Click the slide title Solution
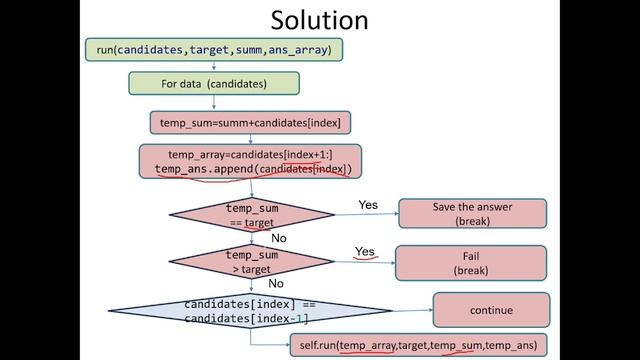[x=320, y=19]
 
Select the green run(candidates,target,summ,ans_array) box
[x=213, y=48]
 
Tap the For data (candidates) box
[x=215, y=83]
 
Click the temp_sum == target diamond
[x=251, y=215]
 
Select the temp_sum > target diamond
[x=251, y=262]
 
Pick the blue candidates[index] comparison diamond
[x=250, y=310]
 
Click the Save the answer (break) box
[x=471, y=213]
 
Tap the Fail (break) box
[x=471, y=262]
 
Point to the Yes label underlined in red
[x=365, y=252]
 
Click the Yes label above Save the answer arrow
[x=368, y=205]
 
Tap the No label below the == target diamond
[x=279, y=239]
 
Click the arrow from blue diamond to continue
[x=412, y=310]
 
